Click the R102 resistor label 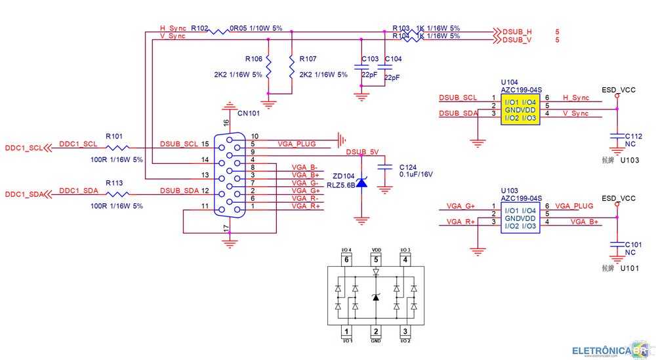[x=199, y=29]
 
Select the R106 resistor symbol [x=268, y=67]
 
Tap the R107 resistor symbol [x=291, y=67]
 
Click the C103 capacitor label [x=369, y=59]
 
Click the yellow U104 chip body [x=520, y=110]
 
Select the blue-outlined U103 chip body [x=520, y=218]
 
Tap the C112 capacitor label [x=633, y=136]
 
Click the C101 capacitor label [x=633, y=244]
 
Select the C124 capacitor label [x=407, y=167]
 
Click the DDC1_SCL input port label [x=25, y=148]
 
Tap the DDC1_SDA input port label [x=25, y=195]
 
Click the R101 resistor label [x=114, y=136]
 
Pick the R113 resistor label [x=114, y=183]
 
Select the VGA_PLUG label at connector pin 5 [x=297, y=144]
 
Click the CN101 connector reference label [x=249, y=113]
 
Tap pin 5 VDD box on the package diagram [x=376, y=260]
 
